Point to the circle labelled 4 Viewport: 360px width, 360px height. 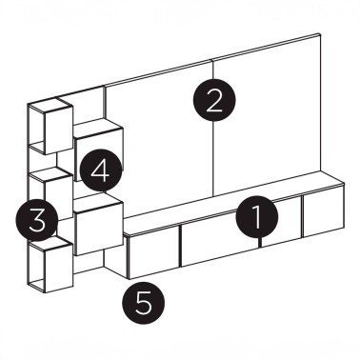click(100, 172)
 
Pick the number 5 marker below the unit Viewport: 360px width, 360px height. click(144, 304)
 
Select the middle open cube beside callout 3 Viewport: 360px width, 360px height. click(50, 195)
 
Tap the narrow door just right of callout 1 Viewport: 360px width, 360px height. click(281, 229)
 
